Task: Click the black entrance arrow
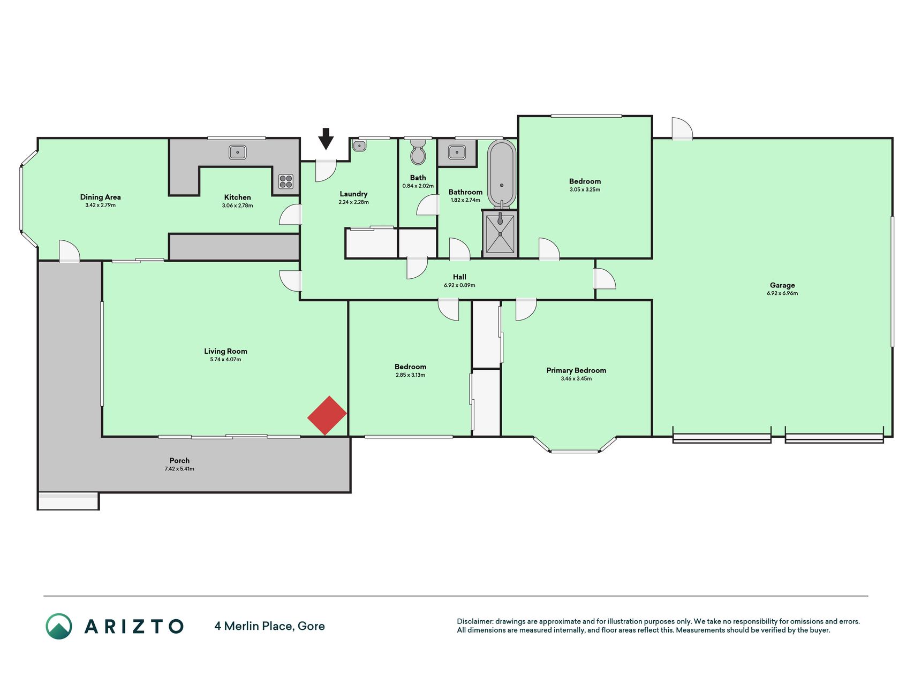326,139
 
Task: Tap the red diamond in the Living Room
327,415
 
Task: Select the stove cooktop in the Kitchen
286,182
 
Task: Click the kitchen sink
237,153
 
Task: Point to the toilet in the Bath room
418,152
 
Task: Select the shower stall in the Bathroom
500,234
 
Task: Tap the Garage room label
782,285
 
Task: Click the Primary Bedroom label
576,370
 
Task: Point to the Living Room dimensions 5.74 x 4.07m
225,360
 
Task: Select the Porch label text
179,460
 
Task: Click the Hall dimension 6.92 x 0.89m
459,285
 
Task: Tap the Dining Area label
100,197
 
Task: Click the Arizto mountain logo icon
59,626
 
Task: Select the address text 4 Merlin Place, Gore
269,626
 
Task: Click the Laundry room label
353,194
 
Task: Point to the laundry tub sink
359,146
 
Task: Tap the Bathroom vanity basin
456,153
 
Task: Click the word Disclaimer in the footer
474,621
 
